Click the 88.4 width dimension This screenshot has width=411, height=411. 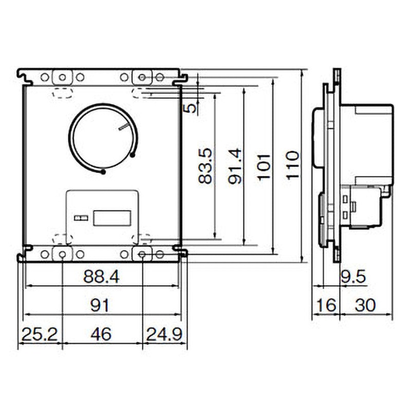(x=101, y=277)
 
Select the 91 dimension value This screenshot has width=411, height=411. (x=100, y=305)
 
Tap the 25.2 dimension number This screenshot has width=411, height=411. (x=40, y=334)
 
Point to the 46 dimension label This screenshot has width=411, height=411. (x=101, y=334)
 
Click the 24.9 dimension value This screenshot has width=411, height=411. (x=164, y=334)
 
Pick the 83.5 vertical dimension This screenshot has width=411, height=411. (x=205, y=165)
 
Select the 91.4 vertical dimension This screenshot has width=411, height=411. (x=234, y=166)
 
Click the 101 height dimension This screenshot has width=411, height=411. (x=264, y=166)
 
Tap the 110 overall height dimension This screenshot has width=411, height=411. (x=292, y=165)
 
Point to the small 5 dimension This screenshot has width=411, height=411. (x=192, y=108)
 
